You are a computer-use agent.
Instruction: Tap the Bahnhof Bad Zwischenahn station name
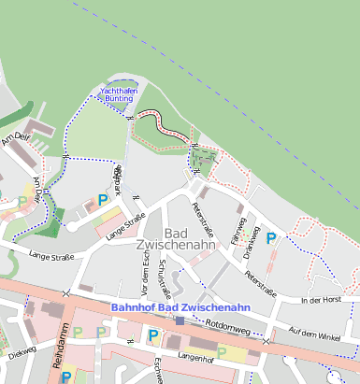[180, 306]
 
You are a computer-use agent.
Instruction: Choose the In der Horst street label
[324, 300]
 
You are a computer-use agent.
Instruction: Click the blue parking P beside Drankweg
[271, 238]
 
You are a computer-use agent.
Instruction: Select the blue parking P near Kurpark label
[103, 199]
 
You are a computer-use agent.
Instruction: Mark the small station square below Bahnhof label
[180, 320]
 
